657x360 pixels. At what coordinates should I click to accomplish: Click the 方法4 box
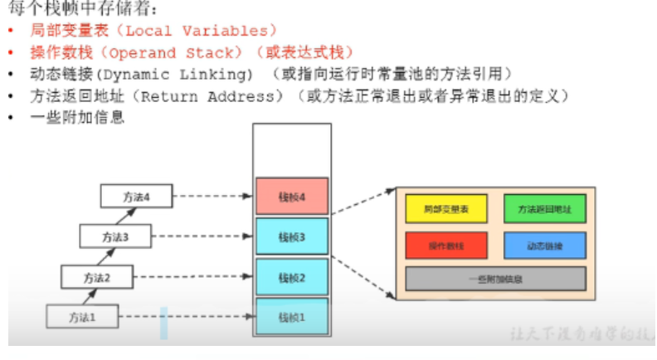coord(135,197)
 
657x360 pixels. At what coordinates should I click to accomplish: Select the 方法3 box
coord(114,236)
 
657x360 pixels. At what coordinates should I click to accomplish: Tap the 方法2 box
coord(95,276)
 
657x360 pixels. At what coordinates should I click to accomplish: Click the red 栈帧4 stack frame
coord(292,197)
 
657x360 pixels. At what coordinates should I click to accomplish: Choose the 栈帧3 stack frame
coord(292,237)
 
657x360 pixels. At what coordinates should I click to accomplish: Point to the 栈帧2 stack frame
coord(292,277)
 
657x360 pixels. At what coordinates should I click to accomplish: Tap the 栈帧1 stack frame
coord(292,316)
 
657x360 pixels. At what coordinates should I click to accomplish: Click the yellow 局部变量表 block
coord(446,209)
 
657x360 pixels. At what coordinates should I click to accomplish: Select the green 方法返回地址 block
coord(544,209)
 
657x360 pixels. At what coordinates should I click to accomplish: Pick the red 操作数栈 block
coord(446,246)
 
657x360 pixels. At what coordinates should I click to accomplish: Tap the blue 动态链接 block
coord(544,246)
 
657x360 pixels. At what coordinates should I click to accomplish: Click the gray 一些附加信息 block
coord(495,279)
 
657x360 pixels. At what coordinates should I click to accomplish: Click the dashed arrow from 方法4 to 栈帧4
coord(212,197)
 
